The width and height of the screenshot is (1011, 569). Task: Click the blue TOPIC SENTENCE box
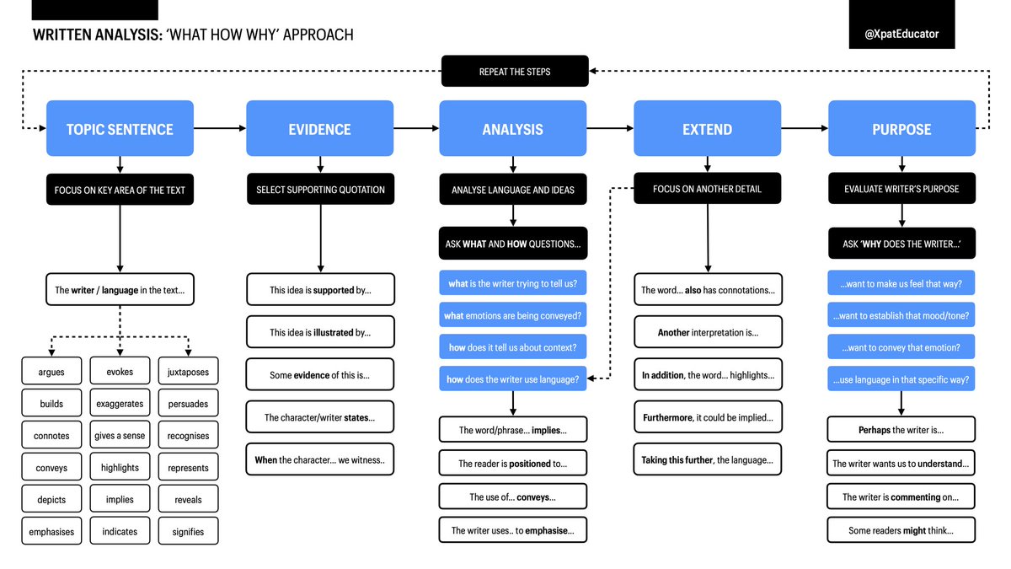click(x=120, y=129)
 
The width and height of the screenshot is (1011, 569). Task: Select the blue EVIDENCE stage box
click(x=319, y=129)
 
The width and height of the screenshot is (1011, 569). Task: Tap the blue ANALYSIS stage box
click(x=512, y=129)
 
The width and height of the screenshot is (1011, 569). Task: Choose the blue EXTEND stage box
click(x=707, y=129)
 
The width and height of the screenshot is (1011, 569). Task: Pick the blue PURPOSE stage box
click(x=901, y=129)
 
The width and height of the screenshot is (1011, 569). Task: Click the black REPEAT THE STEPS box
click(x=515, y=72)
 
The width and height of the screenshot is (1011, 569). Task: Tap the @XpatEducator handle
click(x=901, y=34)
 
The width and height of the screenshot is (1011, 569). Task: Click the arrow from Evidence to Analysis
click(x=416, y=129)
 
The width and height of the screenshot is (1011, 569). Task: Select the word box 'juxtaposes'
click(x=188, y=372)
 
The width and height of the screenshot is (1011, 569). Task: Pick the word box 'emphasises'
click(x=51, y=532)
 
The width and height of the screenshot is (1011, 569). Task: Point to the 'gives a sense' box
click(x=120, y=436)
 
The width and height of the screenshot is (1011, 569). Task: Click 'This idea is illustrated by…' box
click(x=320, y=332)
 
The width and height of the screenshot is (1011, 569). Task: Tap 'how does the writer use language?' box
click(x=512, y=379)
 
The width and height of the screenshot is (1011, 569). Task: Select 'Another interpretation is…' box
click(x=708, y=332)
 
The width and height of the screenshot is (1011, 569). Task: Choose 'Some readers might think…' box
click(x=901, y=530)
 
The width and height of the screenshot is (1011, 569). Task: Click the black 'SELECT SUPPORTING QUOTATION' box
click(x=320, y=190)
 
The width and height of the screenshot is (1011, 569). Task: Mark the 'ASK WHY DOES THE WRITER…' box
click(x=901, y=243)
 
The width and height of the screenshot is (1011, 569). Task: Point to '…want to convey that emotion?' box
click(x=901, y=347)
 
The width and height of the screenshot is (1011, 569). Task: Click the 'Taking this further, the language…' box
click(x=708, y=460)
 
